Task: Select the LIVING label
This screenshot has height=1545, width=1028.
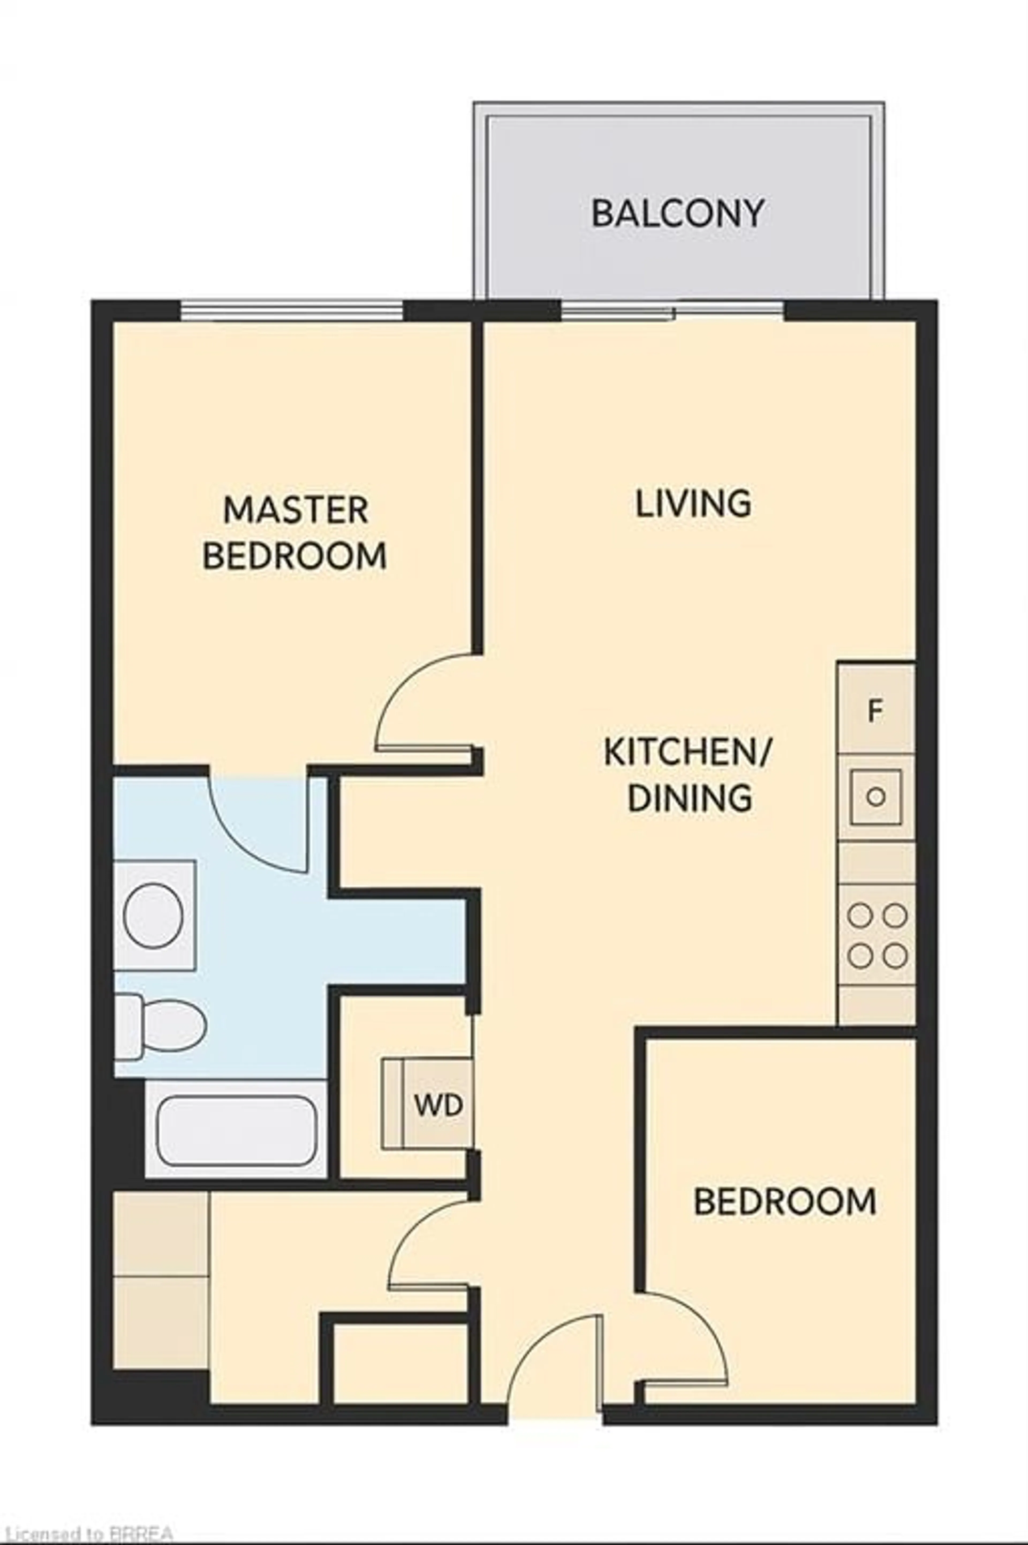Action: point(693,503)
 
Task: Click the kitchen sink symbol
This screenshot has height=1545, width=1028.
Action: point(876,797)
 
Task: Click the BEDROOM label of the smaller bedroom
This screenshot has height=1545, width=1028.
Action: point(785,1202)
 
